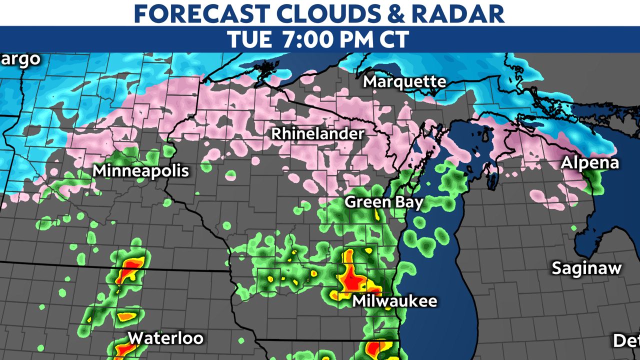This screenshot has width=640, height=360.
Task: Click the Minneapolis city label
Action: pyautogui.click(x=141, y=171)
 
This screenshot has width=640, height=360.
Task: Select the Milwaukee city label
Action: pyautogui.click(x=394, y=301)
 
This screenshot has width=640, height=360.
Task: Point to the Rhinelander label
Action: pyautogui.click(x=317, y=134)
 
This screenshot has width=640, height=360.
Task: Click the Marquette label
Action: pyautogui.click(x=404, y=81)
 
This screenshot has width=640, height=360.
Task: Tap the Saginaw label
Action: pyautogui.click(x=586, y=268)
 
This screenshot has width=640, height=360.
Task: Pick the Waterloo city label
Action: pyautogui.click(x=165, y=338)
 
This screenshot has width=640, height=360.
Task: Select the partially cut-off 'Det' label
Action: pyautogui.click(x=626, y=341)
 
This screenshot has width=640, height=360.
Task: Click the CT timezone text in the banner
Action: pyautogui.click(x=399, y=39)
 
